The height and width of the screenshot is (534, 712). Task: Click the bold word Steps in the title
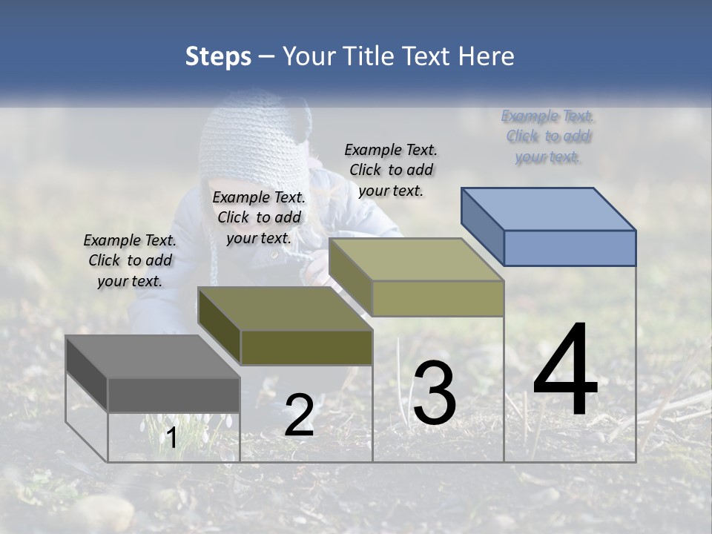pyautogui.click(x=218, y=56)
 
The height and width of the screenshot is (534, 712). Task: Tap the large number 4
pyautogui.click(x=566, y=371)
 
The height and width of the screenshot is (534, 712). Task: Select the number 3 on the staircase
pyautogui.click(x=435, y=393)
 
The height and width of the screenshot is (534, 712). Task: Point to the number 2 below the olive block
pyautogui.click(x=299, y=415)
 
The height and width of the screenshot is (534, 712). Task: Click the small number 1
pyautogui.click(x=171, y=438)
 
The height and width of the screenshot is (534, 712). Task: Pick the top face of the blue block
pyautogui.click(x=549, y=209)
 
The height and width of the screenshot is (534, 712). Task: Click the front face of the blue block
pyautogui.click(x=570, y=248)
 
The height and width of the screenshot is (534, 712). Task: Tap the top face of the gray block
pyautogui.click(x=152, y=357)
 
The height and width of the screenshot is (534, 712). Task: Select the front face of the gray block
pyautogui.click(x=174, y=395)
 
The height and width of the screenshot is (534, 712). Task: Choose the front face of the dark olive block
pyautogui.click(x=306, y=347)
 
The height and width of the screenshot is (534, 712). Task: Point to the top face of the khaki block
pyautogui.click(x=416, y=260)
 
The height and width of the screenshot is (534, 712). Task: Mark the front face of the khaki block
pyautogui.click(x=438, y=298)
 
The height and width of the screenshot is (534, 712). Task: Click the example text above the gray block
pyautogui.click(x=130, y=261)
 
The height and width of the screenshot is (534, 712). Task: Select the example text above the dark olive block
pyautogui.click(x=259, y=217)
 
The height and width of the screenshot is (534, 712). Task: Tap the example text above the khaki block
pyautogui.click(x=391, y=170)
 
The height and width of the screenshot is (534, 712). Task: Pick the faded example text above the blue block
pyautogui.click(x=547, y=136)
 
